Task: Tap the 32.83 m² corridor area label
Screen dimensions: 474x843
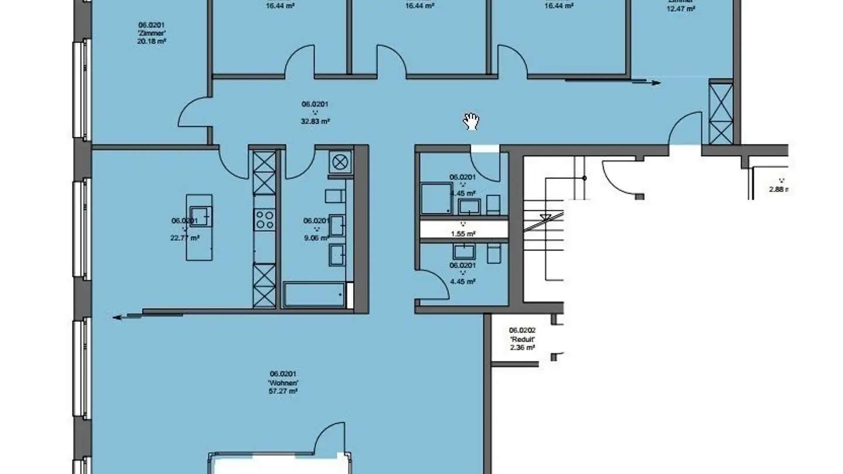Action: (x=316, y=121)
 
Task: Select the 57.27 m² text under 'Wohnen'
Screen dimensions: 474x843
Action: (x=284, y=391)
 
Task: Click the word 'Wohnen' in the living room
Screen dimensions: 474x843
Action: (x=284, y=383)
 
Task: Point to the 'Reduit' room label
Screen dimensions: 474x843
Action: (x=522, y=339)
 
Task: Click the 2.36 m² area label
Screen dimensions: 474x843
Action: (x=522, y=347)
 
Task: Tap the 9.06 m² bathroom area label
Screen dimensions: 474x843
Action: (x=315, y=238)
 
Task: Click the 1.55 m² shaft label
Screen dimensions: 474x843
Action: (x=463, y=233)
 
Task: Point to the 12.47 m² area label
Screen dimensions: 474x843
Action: (x=681, y=9)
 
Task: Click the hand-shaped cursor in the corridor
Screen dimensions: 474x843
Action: (x=471, y=121)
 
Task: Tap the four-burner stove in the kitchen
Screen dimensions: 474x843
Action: (x=265, y=219)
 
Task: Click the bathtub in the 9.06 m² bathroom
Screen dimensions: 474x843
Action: (x=314, y=295)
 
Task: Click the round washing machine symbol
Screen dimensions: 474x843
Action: (x=340, y=160)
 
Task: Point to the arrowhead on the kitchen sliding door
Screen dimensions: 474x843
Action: (x=118, y=317)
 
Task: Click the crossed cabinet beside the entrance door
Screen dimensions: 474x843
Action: (x=721, y=113)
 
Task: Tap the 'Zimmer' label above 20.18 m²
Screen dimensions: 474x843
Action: (x=151, y=33)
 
